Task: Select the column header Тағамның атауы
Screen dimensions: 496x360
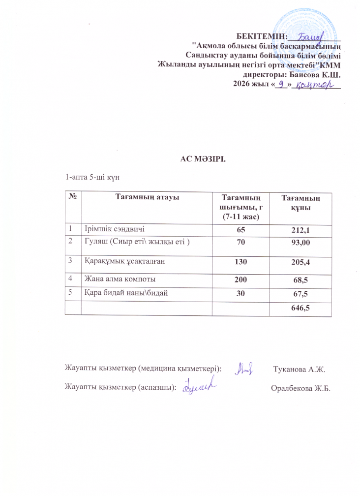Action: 146,197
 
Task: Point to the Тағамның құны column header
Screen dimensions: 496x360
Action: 300,203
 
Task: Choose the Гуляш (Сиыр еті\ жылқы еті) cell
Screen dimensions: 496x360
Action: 130,242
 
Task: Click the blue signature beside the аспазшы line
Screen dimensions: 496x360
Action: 199,387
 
